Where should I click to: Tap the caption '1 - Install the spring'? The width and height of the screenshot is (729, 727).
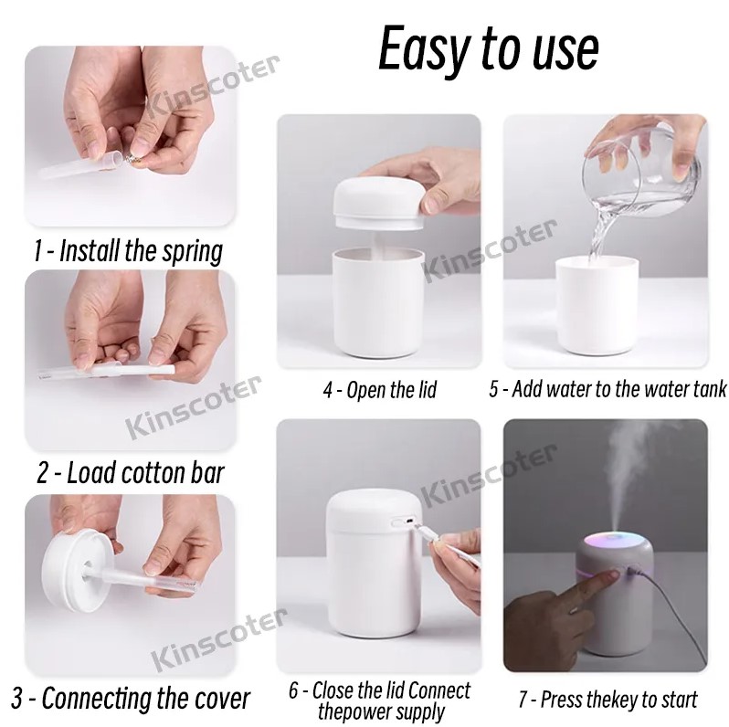pos(128,251)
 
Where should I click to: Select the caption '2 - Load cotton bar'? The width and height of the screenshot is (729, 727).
pos(130,473)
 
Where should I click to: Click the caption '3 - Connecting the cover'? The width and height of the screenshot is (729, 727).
pos(132,699)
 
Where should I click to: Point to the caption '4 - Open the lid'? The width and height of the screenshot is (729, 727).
pos(379,390)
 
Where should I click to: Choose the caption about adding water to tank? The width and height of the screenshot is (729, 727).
pos(607,390)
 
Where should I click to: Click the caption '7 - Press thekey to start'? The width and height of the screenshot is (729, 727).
pos(607,700)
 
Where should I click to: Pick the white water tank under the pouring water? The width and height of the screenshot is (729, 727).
pos(598,306)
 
